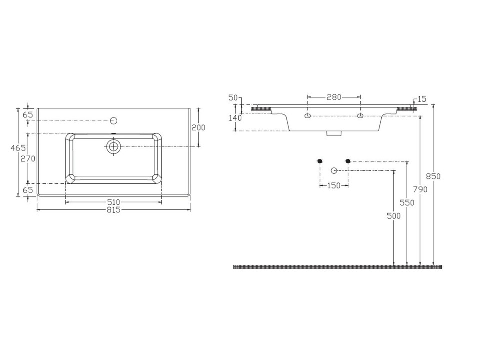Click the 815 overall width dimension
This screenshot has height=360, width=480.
point(114,210)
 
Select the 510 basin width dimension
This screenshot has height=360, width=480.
point(114,202)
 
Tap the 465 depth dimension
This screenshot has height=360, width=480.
point(18,148)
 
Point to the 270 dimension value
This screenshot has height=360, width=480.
point(28,159)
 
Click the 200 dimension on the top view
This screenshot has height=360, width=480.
point(198,127)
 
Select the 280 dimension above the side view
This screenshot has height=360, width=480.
point(334,97)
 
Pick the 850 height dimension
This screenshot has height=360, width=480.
point(433,176)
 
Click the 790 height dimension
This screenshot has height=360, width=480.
point(420,190)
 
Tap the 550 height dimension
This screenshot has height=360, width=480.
point(407,203)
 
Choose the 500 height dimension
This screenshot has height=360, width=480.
point(394,216)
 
